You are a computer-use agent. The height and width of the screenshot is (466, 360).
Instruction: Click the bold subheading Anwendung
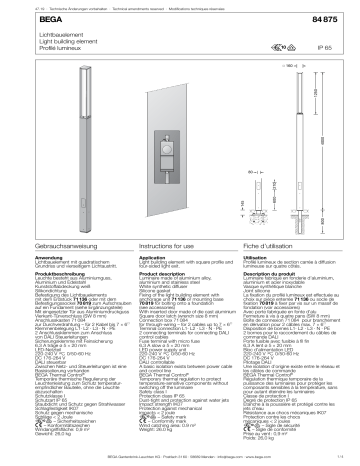[21, 256]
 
